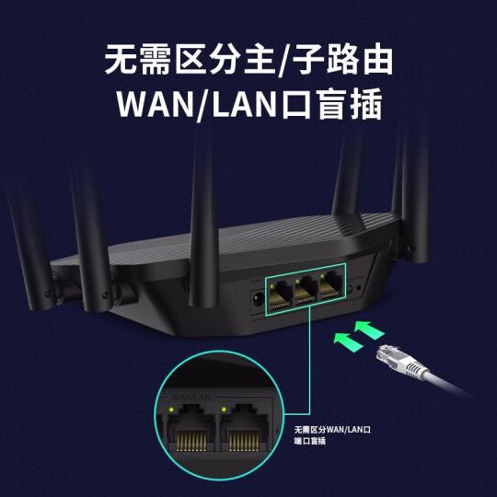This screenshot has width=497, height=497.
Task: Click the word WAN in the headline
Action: [x=155, y=105]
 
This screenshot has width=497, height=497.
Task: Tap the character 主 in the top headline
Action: [x=259, y=59]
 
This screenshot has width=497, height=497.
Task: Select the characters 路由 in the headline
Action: [x=360, y=59]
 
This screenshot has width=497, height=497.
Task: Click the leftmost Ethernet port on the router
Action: [x=280, y=295]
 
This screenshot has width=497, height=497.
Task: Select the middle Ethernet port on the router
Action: [x=305, y=291]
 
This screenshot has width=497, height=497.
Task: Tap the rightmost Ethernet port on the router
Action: [x=330, y=286]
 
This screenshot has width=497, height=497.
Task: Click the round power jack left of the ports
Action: [x=258, y=299]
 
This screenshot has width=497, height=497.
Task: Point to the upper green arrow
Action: [x=369, y=330]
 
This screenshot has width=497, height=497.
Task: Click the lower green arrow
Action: [x=348, y=342]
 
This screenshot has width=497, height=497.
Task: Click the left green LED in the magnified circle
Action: [x=171, y=410]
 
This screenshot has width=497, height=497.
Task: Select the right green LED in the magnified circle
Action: [x=224, y=410]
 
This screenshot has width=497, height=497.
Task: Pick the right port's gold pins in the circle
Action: [x=243, y=441]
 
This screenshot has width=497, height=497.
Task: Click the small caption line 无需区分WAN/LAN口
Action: [x=332, y=430]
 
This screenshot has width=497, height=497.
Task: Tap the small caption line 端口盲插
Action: [x=310, y=441]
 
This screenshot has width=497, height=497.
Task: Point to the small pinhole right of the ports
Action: [x=359, y=288]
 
